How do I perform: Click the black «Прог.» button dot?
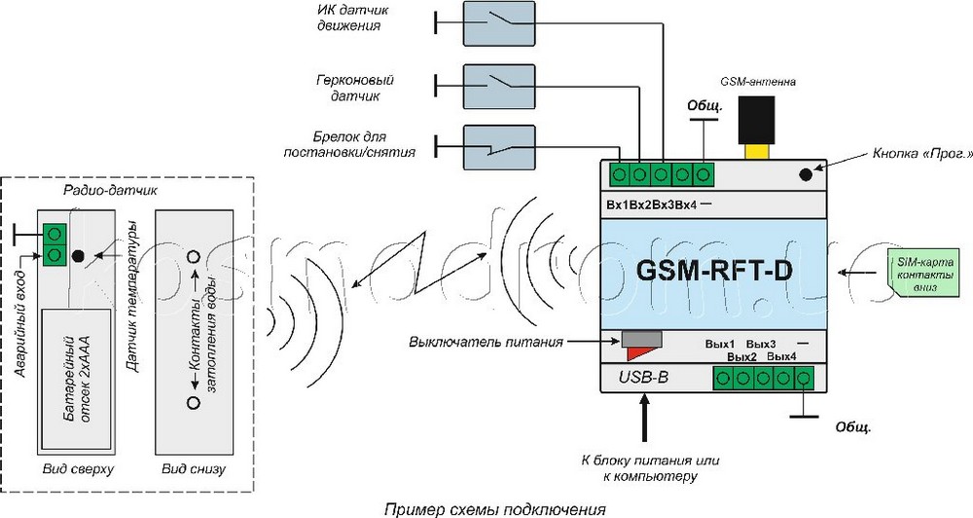(x=807, y=175)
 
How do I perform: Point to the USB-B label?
(x=642, y=377)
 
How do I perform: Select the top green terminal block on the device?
(x=661, y=175)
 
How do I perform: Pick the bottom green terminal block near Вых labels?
(x=763, y=378)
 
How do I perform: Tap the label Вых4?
(x=781, y=357)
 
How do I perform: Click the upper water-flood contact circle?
(x=194, y=257)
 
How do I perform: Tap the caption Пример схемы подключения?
(x=493, y=508)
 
